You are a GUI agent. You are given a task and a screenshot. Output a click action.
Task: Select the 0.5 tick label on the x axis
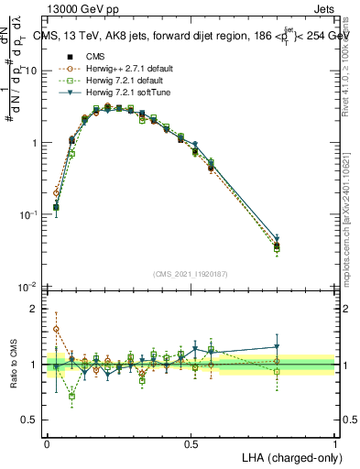pos(191,443)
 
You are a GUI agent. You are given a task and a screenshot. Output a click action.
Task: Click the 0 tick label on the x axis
pos(47,443)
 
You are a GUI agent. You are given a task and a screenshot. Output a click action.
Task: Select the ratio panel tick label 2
pos(35,309)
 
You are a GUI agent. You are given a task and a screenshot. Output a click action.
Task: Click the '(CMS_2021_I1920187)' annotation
pos(190,274)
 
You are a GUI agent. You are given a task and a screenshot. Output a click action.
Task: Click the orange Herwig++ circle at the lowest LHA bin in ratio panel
pos(56,329)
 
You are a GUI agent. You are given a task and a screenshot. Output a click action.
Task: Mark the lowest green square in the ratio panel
pos(71,396)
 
